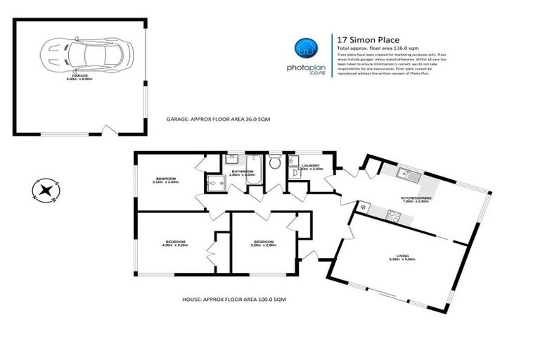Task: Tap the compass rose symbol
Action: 45,190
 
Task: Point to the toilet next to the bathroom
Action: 276,163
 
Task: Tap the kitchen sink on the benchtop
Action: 406,174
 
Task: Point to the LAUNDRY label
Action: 310,166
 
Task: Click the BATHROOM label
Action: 243,171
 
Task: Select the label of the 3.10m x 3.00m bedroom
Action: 165,179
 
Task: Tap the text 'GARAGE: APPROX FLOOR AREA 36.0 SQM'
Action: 218,120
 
